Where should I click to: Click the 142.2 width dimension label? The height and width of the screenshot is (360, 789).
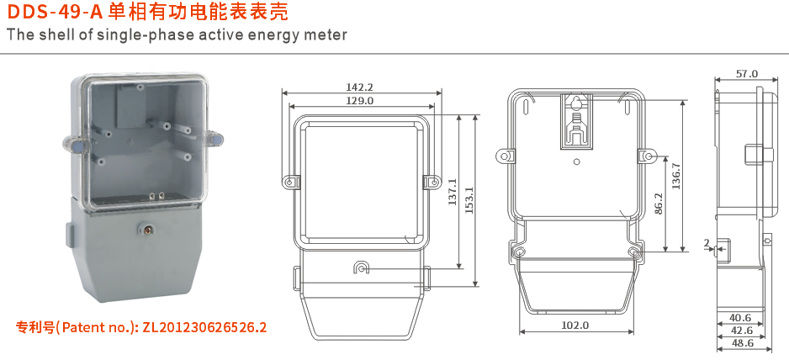click(359, 87)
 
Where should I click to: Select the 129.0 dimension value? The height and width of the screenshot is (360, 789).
click(359, 100)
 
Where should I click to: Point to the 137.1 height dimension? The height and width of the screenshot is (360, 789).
click(452, 193)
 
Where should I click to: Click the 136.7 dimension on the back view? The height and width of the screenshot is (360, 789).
click(676, 174)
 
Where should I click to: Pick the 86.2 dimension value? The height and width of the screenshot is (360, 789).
click(659, 204)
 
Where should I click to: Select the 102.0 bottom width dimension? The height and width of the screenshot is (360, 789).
click(575, 325)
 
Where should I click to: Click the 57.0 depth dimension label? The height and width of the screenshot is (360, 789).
click(746, 74)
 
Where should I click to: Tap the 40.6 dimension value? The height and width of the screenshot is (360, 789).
click(741, 318)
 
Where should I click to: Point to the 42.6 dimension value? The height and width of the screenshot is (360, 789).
click(741, 331)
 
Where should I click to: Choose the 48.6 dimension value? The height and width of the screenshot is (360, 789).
click(741, 343)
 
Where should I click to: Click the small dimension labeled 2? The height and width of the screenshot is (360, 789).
click(707, 244)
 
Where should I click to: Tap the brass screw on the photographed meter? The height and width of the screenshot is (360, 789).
click(150, 228)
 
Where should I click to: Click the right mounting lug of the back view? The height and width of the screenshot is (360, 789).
click(649, 156)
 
